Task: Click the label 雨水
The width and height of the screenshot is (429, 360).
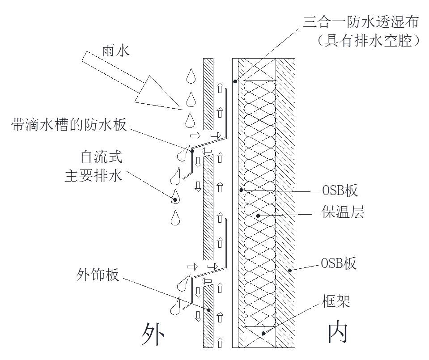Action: (x=115, y=51)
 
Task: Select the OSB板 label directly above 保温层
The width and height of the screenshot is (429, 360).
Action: (x=340, y=191)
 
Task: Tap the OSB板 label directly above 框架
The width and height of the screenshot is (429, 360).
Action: (x=339, y=263)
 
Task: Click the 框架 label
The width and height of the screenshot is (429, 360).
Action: (x=336, y=301)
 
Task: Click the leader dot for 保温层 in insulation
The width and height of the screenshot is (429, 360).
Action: (x=258, y=216)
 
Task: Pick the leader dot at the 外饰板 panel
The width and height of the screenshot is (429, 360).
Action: (x=208, y=309)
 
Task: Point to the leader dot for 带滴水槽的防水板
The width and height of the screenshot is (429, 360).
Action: (x=192, y=151)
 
